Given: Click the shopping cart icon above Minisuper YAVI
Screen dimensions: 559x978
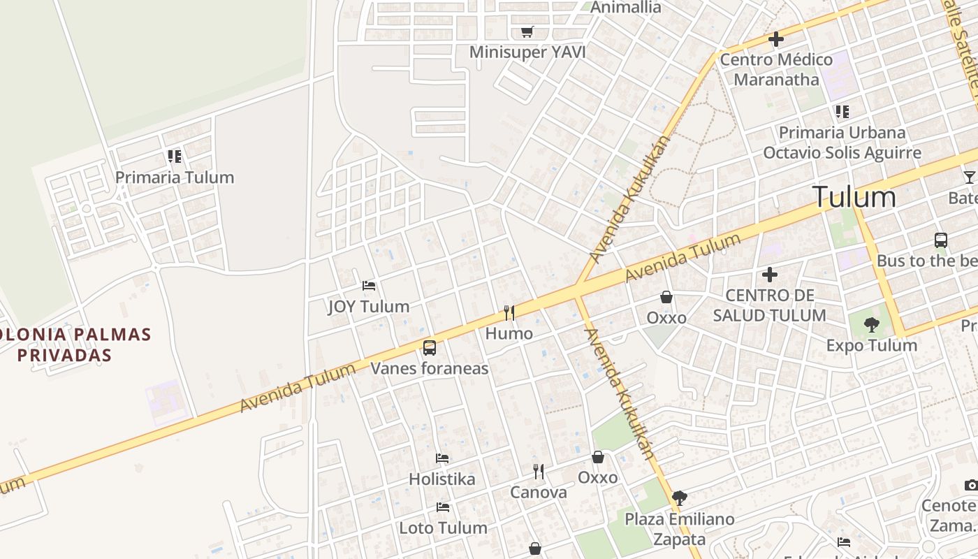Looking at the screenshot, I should point(527,31).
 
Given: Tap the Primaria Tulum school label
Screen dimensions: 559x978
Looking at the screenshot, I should point(175,177).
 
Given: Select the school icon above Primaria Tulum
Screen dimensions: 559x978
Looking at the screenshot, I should point(175,156).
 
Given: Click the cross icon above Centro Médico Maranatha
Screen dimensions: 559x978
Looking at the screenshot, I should point(775,39).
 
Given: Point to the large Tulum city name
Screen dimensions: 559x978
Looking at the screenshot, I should point(854,197).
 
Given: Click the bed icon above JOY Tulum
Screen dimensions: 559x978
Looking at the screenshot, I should point(369,285).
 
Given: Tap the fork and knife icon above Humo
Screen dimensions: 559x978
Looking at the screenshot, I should point(509,312).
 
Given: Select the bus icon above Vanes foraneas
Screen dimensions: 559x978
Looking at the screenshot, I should point(430,347).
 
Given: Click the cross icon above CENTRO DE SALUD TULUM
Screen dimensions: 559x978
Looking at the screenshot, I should point(769,275).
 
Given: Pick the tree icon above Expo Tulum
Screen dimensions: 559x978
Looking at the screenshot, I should point(871,324).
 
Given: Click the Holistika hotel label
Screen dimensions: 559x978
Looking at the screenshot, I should point(441,479).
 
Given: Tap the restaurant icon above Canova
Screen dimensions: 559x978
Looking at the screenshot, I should point(538,472).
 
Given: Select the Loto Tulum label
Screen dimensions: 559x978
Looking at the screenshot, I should point(443,528).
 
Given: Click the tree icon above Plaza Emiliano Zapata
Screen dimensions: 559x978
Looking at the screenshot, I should point(679,498).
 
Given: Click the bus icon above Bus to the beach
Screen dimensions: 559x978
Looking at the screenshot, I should point(941,240).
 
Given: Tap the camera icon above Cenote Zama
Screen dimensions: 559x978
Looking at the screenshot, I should point(971,485).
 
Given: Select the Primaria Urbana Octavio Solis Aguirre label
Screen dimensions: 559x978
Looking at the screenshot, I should point(842,143).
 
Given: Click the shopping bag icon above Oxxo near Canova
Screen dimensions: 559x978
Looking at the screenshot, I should point(598,457).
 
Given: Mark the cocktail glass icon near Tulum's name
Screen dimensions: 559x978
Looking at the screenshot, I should point(969,177).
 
